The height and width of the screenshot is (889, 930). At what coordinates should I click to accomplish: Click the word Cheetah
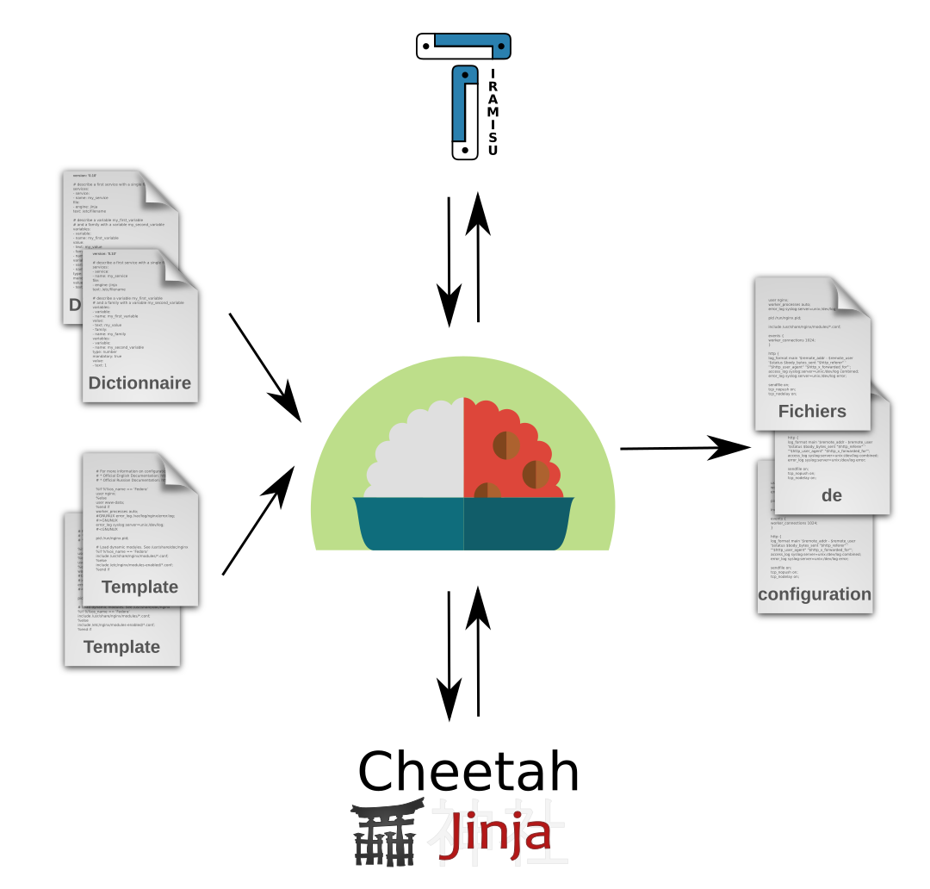[468, 771]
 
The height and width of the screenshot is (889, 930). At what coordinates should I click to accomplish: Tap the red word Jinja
[494, 836]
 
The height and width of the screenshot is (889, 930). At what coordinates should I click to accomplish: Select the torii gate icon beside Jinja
[385, 836]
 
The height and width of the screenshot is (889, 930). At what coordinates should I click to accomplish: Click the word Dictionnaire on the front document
[139, 383]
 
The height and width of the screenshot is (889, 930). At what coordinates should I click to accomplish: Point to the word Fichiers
[812, 411]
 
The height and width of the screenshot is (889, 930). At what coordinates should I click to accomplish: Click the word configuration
[815, 594]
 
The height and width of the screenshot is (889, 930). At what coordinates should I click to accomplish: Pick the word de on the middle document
[831, 495]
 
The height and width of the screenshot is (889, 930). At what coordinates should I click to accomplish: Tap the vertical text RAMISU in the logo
[493, 113]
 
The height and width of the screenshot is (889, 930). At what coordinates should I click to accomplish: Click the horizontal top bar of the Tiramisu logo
[463, 45]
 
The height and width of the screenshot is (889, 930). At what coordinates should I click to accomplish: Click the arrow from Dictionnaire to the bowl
[264, 367]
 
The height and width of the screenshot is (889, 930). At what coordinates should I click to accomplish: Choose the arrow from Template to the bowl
[258, 521]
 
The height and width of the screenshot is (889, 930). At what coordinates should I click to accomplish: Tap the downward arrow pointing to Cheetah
[449, 655]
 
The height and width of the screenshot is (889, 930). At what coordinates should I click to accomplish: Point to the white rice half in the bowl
[418, 457]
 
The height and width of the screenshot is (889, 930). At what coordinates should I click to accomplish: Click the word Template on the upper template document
[139, 587]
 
